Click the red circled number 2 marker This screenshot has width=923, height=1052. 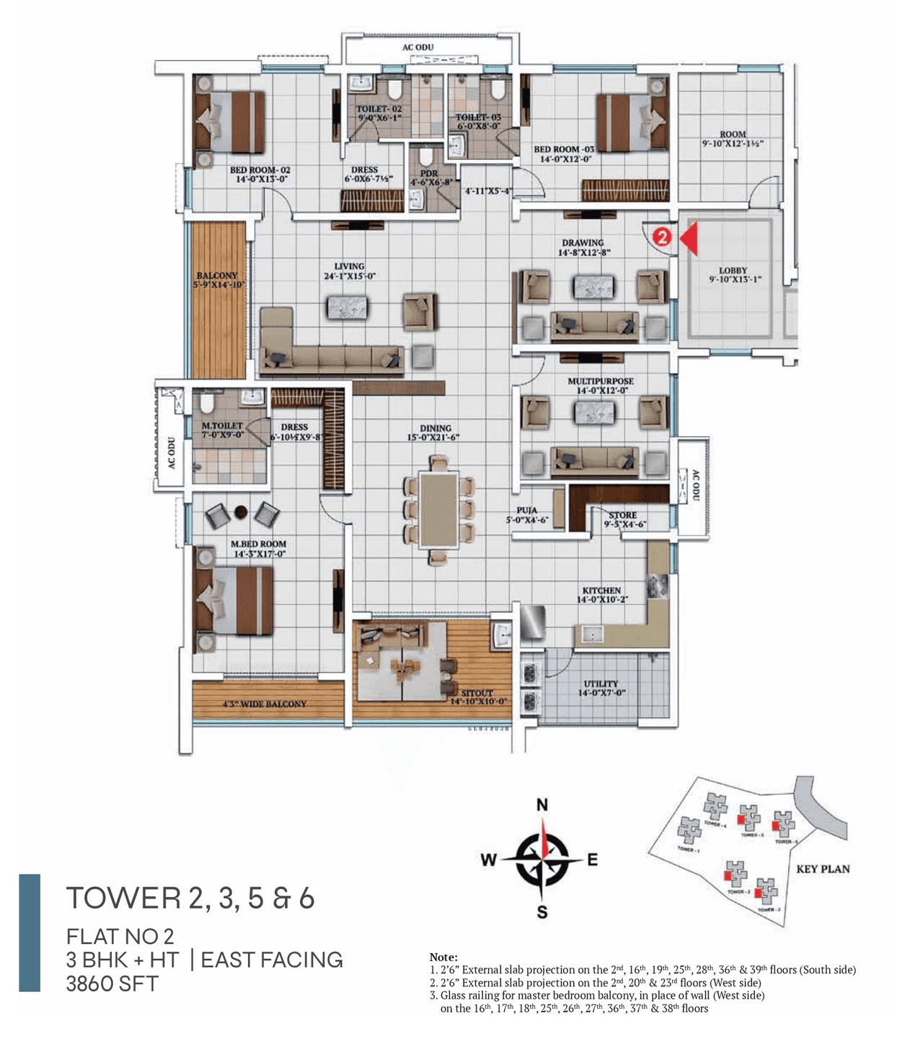click(662, 237)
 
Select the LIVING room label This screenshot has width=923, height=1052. click(349, 267)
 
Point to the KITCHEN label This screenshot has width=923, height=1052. click(601, 591)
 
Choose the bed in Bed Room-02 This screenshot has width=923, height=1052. click(229, 122)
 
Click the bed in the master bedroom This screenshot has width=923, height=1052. click(234, 600)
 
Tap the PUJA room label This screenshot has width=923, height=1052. click(526, 510)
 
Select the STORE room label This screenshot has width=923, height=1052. click(622, 516)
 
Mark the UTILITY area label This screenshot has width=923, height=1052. click(601, 684)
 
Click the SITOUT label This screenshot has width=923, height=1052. click(477, 693)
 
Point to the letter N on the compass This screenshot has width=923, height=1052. click(542, 805)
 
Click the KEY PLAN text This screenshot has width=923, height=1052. click(823, 869)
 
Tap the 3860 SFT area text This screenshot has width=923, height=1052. click(112, 984)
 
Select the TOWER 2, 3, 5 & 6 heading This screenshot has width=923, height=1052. click(190, 898)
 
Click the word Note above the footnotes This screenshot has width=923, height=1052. click(443, 957)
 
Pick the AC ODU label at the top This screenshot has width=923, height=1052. click(418, 48)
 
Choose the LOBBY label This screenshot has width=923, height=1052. click(733, 270)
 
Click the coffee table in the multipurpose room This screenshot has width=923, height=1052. click(594, 412)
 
